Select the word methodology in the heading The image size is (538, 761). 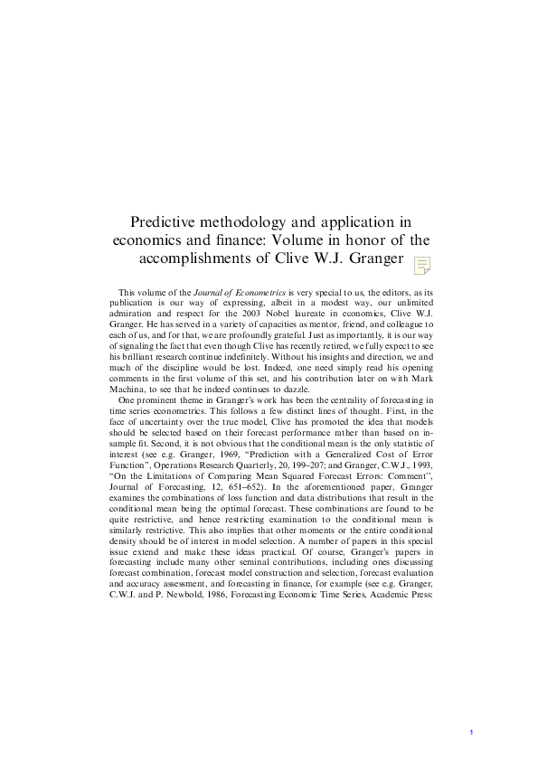(x=258, y=221)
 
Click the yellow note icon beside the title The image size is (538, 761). (x=421, y=265)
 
